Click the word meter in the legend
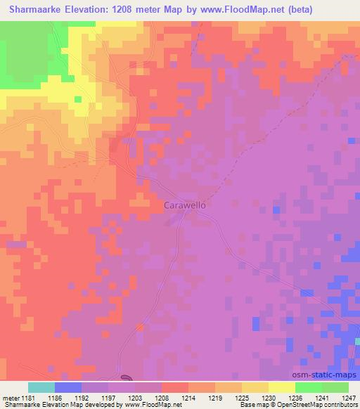click(11, 398)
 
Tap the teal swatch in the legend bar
click(41, 387)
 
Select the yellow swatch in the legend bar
click(281, 387)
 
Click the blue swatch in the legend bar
click(68, 387)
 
